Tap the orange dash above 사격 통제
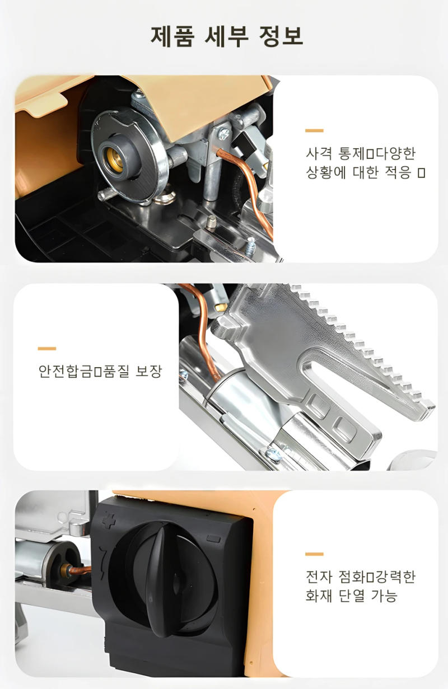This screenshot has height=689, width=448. coord(314,130)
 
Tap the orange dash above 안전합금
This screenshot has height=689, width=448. coord(47,348)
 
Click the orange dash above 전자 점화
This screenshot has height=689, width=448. coord(314,554)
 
